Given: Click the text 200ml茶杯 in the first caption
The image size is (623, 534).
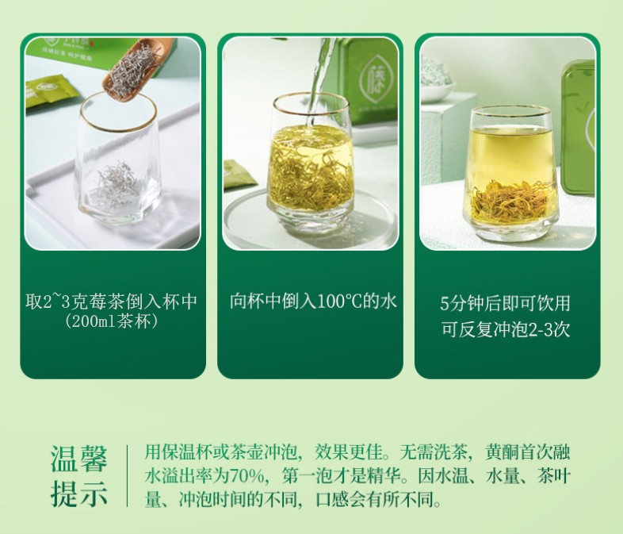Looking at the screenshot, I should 112,322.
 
